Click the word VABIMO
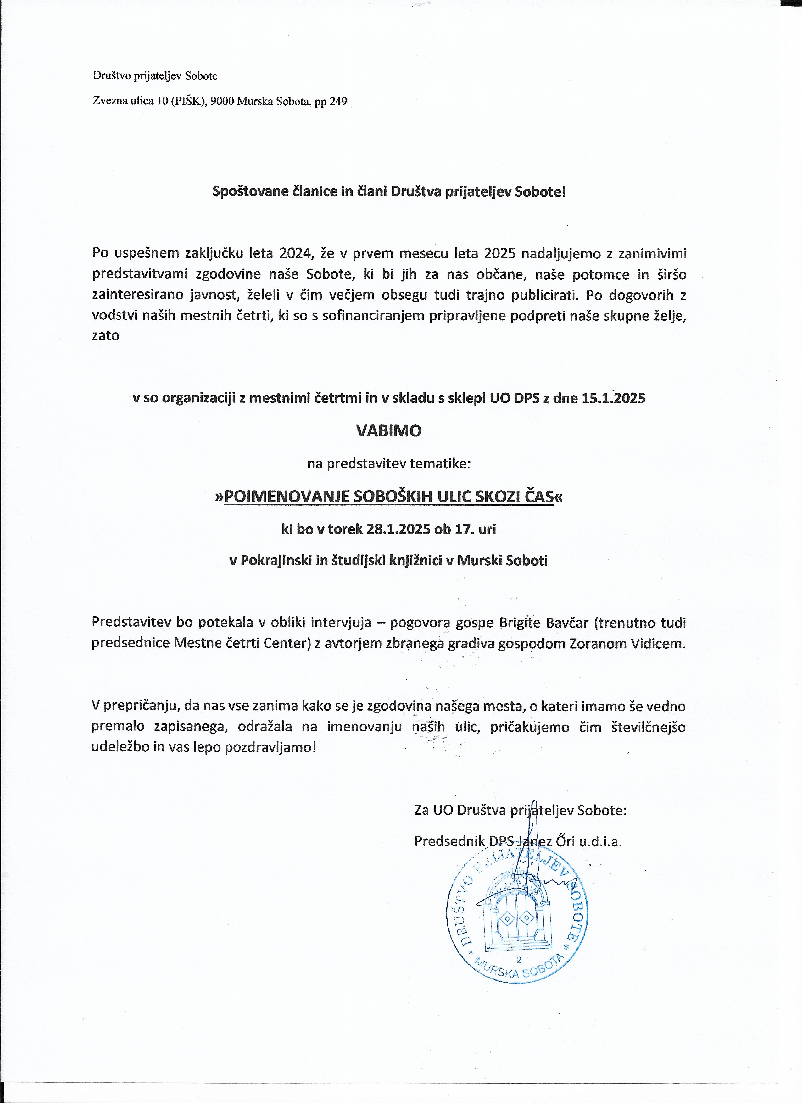(389, 431)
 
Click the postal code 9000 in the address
(222, 101)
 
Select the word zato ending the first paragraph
(106, 335)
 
